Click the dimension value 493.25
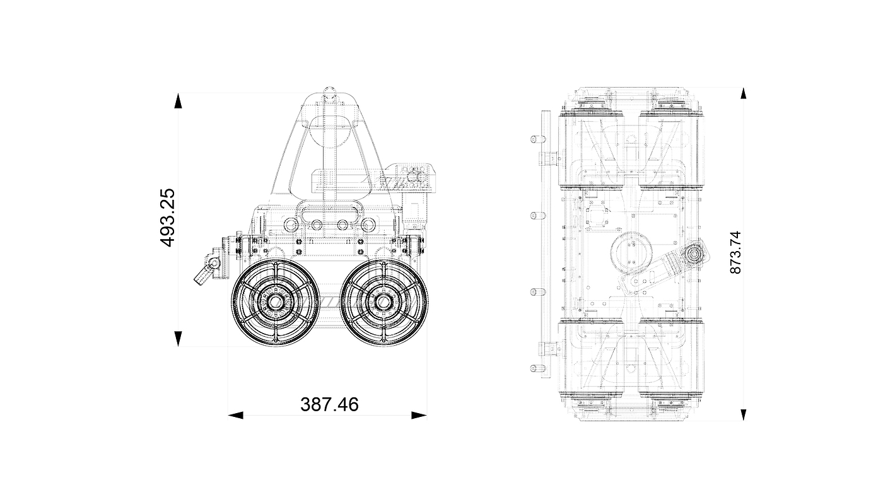coord(168,218)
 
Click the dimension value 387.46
coord(329,404)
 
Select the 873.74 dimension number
coord(735,253)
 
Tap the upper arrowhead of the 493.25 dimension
coord(178,100)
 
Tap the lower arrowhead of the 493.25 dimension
coord(178,339)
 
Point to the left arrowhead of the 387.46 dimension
coord(236,415)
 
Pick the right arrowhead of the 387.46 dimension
coord(419,415)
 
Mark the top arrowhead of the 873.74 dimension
coord(744,93)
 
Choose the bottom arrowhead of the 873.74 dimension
coord(744,415)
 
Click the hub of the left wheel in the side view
coord(274,302)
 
